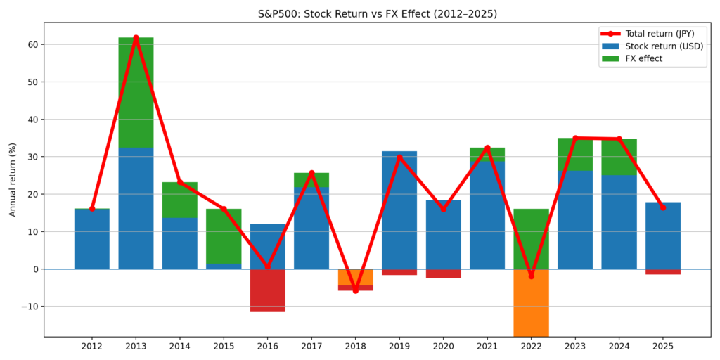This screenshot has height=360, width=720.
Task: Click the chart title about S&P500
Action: coord(360,14)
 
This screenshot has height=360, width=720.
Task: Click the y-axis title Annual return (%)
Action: coord(13,179)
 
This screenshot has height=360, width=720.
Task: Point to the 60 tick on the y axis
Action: coord(33,44)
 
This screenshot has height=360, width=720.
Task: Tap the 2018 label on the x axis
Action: coord(355,346)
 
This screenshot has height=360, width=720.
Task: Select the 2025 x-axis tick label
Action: coord(662,346)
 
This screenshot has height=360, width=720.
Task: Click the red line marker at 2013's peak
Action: coord(136,38)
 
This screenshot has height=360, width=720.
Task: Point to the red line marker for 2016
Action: coord(267,266)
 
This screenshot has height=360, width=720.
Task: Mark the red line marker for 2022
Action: coord(531,276)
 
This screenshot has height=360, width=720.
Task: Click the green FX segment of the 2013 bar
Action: coord(136,91)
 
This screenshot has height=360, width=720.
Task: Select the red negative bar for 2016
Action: coord(267,290)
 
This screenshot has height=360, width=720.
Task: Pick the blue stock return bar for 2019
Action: coord(399,211)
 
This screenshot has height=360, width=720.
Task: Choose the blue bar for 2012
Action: coord(91,239)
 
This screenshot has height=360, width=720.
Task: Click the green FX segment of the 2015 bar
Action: coord(224,236)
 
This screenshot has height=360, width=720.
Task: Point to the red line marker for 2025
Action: coord(662,207)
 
